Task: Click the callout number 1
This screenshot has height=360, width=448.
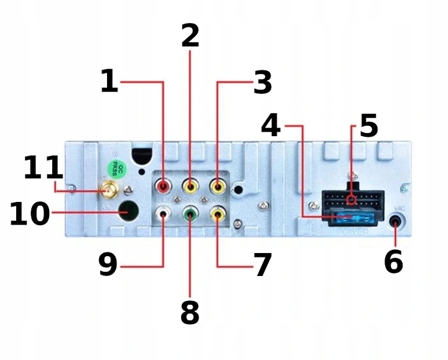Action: click(x=109, y=81)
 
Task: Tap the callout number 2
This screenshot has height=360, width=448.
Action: click(x=190, y=35)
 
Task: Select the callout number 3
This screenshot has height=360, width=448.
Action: click(x=263, y=83)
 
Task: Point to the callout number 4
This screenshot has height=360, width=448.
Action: click(x=271, y=126)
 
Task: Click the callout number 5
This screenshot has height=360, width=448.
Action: click(x=368, y=127)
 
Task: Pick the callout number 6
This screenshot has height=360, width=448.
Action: click(x=393, y=262)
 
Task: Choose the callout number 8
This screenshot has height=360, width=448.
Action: click(x=190, y=313)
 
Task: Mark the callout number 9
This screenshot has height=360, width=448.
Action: click(x=108, y=264)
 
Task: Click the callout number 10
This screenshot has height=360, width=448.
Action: click(x=29, y=215)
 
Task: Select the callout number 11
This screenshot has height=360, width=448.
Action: click(x=43, y=168)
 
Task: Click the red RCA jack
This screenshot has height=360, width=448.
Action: click(x=163, y=185)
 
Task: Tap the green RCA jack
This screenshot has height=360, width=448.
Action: click(x=190, y=215)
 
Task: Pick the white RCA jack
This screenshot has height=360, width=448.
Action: click(x=163, y=215)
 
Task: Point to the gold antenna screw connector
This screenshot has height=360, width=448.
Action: click(x=110, y=190)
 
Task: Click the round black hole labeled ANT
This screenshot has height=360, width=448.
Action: click(x=129, y=210)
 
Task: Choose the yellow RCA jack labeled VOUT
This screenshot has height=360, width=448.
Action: click(x=217, y=215)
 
